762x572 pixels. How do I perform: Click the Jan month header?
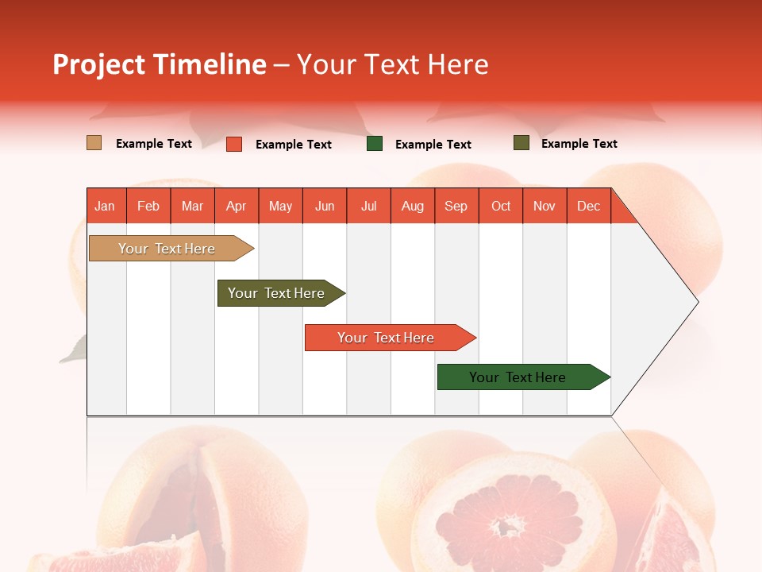tap(105, 206)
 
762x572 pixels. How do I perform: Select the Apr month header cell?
tap(237, 206)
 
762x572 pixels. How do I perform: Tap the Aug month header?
tap(413, 206)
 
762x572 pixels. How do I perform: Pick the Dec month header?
tap(589, 206)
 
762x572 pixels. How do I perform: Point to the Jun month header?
tap(325, 206)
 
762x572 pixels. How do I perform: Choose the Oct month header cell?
tap(501, 206)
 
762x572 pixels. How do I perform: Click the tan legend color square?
tap(94, 143)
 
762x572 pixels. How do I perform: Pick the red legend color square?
tap(233, 144)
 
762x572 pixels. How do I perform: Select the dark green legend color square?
tap(375, 144)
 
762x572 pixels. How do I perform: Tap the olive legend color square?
tap(521, 143)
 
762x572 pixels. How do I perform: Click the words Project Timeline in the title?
tap(159, 64)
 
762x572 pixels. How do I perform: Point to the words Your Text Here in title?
tap(393, 64)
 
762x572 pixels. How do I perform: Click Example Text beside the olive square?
tap(579, 144)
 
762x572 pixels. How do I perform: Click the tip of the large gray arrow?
tap(696, 302)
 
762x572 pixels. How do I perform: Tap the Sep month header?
tap(456, 206)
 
